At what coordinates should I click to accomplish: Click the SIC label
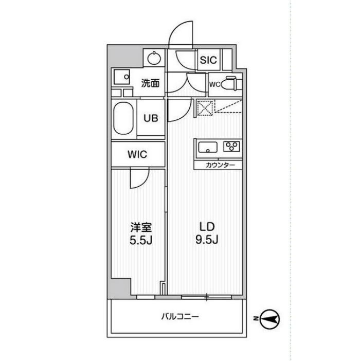[208, 60]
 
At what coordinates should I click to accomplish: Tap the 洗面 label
[150, 83]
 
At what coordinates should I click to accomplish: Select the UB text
[151, 118]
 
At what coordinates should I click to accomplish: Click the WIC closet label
[137, 154]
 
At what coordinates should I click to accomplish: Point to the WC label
[215, 84]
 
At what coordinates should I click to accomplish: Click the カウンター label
[220, 165]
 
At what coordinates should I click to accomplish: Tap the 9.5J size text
[207, 240]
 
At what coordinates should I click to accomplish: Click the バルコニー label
[180, 317]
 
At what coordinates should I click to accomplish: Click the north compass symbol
[269, 319]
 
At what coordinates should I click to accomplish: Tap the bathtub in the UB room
[123, 118]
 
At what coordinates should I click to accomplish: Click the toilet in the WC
[231, 83]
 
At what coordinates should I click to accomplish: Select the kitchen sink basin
[208, 148]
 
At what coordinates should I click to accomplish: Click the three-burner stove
[231, 147]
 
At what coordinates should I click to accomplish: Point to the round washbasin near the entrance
[154, 58]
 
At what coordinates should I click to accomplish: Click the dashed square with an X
[205, 108]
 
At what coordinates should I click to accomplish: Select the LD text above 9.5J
[207, 227]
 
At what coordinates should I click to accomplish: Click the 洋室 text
[141, 227]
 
